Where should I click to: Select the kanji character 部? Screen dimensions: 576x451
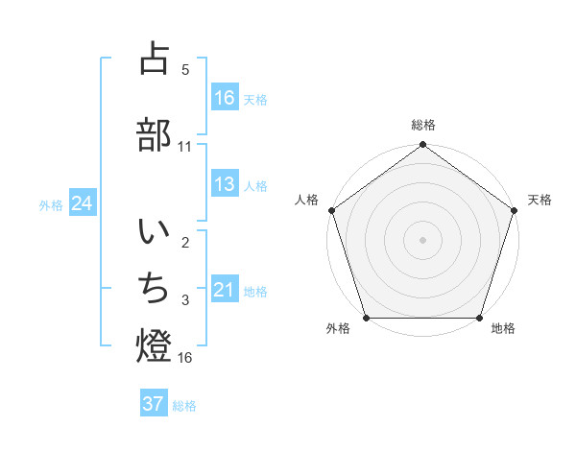(x=154, y=134)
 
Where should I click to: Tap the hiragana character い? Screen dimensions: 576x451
(x=154, y=232)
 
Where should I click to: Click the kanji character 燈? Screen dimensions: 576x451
(x=154, y=345)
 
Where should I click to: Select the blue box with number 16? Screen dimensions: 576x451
(x=225, y=98)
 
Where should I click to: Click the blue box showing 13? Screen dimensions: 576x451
(x=225, y=184)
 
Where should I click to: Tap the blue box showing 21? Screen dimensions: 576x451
(x=225, y=290)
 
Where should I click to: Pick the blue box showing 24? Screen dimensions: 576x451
(x=83, y=203)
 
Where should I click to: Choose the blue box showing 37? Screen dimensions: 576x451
(x=154, y=404)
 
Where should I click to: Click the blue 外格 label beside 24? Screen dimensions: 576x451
(x=51, y=204)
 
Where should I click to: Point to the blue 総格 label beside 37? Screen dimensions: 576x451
(x=184, y=405)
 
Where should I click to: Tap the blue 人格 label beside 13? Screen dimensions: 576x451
(x=255, y=185)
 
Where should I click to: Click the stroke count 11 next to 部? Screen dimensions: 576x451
(x=185, y=146)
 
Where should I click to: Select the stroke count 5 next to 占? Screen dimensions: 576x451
(x=185, y=69)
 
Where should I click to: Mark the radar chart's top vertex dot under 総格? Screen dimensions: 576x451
(x=422, y=145)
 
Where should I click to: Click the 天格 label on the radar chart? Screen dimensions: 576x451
(x=540, y=200)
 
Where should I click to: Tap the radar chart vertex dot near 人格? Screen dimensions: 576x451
(x=332, y=210)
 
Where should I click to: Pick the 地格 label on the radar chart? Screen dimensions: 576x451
(x=503, y=328)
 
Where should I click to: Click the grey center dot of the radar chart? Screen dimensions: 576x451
(x=422, y=239)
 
